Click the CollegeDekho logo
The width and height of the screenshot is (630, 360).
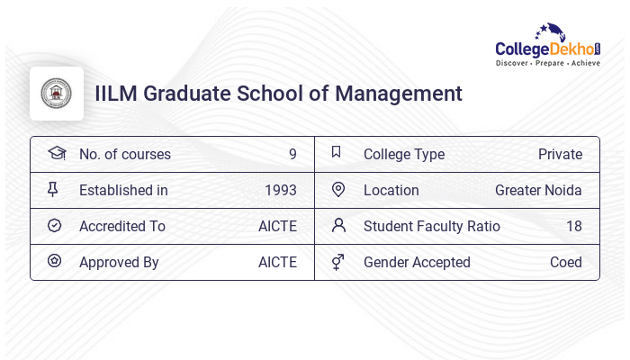[x=548, y=45]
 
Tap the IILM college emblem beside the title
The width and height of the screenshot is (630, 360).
[x=57, y=94]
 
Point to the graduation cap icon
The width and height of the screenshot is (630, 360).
[x=56, y=153]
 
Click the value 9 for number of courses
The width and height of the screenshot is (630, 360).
[x=292, y=154]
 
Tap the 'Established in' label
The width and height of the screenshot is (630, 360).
[x=123, y=190]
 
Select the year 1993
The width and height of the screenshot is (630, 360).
[x=281, y=190]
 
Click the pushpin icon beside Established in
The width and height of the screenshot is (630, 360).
[x=53, y=189]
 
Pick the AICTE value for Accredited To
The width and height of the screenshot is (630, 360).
[x=277, y=226]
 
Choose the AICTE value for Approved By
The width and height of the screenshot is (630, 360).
[x=277, y=262]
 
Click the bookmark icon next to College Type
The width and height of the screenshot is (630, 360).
[x=337, y=152]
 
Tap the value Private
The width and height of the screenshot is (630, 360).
[x=560, y=154]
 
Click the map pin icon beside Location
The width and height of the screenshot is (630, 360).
[x=338, y=189]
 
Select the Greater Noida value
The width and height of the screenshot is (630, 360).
[x=538, y=190]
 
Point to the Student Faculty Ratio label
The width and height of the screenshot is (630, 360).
[x=431, y=226]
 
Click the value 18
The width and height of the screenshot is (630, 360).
[x=573, y=226]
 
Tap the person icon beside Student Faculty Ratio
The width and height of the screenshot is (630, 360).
[x=338, y=225]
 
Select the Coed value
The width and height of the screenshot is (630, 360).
[x=566, y=262]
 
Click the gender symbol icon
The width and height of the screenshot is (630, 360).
[x=337, y=262]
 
